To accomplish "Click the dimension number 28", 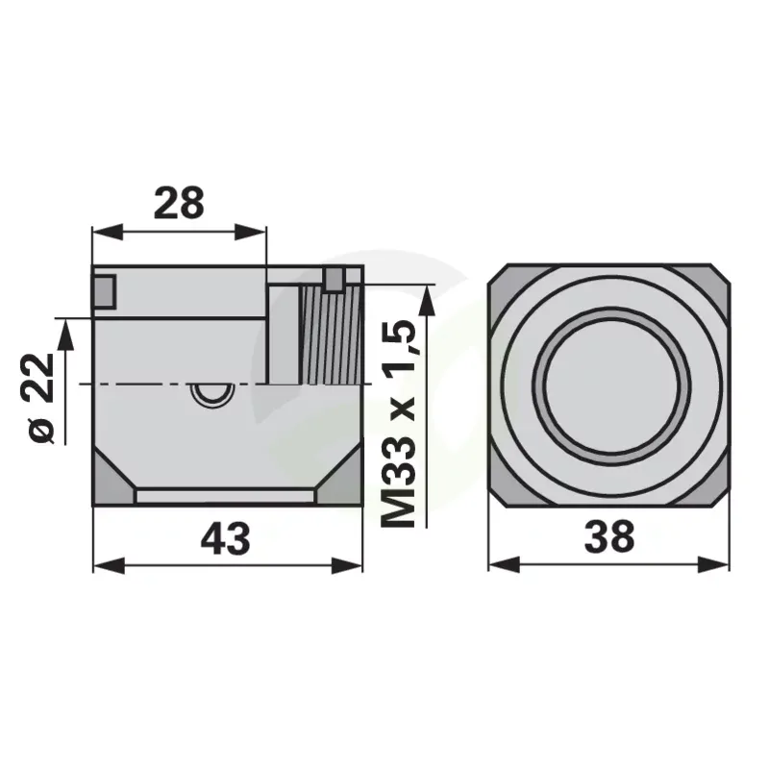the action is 179,203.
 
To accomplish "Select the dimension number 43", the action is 226,538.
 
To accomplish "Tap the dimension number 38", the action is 609,536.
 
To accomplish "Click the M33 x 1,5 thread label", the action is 399,424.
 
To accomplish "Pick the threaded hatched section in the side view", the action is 332,335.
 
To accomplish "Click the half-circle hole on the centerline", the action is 212,394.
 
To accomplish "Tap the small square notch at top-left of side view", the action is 104,292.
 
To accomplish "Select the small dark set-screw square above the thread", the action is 334,280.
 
